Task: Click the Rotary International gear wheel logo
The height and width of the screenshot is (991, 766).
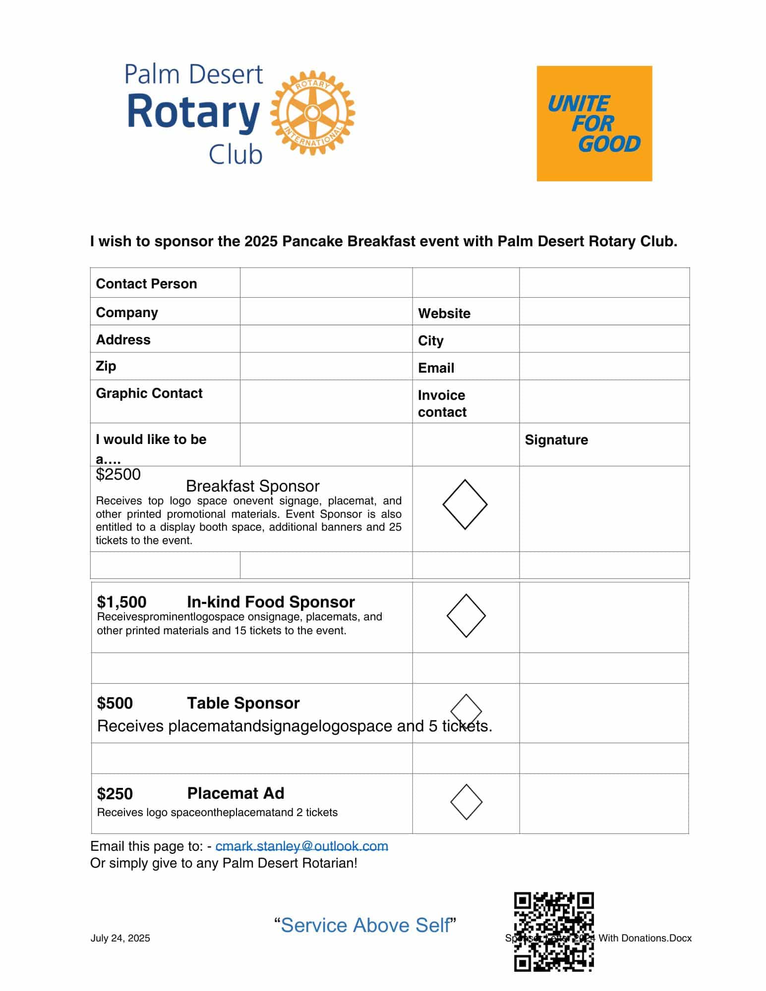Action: coord(312,113)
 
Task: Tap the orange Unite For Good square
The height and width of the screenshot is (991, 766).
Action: coord(594,123)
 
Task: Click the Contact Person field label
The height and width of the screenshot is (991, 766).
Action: coord(146,284)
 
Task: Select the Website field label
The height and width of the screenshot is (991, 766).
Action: coord(444,313)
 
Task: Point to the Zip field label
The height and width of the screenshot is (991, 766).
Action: coord(106,366)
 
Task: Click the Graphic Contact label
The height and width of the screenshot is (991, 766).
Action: coord(149,393)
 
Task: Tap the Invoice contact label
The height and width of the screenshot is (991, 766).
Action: coord(442,403)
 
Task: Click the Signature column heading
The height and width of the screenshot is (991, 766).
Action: coord(556,440)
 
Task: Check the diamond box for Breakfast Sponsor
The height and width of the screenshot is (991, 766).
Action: coord(465,504)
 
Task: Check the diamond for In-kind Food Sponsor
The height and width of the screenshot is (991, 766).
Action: coord(466,615)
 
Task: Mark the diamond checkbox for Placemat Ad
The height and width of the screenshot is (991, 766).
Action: coord(466,802)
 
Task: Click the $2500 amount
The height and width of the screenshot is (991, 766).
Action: coord(118,475)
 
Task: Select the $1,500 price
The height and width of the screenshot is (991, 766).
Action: coord(121,602)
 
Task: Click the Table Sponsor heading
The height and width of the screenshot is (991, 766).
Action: coord(243,703)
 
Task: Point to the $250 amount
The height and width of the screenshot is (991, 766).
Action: coord(115,794)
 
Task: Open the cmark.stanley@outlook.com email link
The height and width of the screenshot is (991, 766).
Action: coord(301,846)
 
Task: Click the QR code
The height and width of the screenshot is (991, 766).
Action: coord(554,932)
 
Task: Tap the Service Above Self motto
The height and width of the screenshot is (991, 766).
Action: coord(365,925)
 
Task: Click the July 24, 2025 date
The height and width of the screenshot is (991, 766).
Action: coord(120,938)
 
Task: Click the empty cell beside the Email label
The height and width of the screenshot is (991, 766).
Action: coord(604,367)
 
